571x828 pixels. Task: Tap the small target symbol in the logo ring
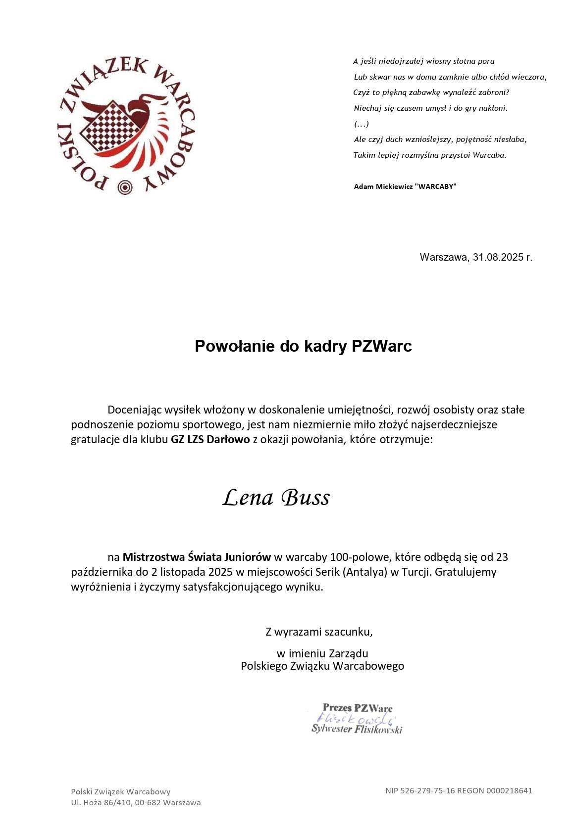[x=124, y=187]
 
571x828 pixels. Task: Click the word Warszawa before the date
[x=443, y=257]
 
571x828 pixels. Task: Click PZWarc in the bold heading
[x=382, y=346]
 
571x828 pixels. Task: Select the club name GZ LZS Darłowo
[x=210, y=439]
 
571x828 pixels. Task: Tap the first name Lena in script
[x=248, y=498]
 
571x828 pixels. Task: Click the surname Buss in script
[x=306, y=498]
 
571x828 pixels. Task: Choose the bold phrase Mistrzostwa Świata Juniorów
[x=197, y=557]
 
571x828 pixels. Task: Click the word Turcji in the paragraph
[x=415, y=572]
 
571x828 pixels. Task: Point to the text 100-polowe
[x=364, y=557]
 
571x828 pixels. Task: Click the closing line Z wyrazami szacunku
[x=319, y=632]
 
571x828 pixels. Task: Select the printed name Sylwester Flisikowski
[x=357, y=729]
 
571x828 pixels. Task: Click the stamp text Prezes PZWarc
[x=357, y=708]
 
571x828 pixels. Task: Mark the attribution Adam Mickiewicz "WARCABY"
[x=405, y=186]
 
